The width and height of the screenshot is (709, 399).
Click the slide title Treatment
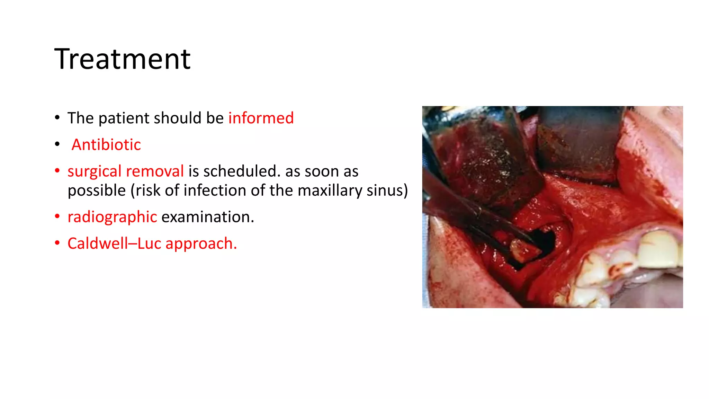click(122, 59)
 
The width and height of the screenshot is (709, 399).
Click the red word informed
click(261, 118)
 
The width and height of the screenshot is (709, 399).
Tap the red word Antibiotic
click(106, 145)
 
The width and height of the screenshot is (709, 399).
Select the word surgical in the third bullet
click(94, 171)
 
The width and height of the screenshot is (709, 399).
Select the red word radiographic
click(112, 217)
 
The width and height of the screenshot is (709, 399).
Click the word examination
click(207, 217)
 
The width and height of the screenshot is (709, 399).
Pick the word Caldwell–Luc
click(114, 243)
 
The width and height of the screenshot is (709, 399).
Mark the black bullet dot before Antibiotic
click(57, 144)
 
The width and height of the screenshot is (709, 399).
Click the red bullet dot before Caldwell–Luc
click(57, 243)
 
